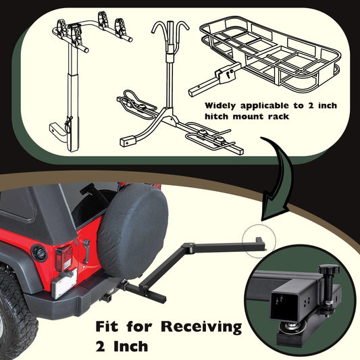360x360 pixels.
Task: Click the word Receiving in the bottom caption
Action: click(201, 327)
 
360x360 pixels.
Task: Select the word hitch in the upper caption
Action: click(217, 116)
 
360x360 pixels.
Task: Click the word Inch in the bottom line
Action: click(131, 346)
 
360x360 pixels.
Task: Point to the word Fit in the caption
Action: click(107, 326)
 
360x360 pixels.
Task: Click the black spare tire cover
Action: click(132, 232)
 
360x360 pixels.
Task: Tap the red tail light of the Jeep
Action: click(63, 257)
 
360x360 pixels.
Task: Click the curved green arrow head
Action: click(275, 209)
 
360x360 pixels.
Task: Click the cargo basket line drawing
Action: click(265, 56)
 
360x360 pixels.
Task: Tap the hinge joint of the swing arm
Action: click(189, 246)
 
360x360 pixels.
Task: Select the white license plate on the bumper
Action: click(64, 284)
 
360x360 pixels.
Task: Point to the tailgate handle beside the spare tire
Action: click(86, 251)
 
